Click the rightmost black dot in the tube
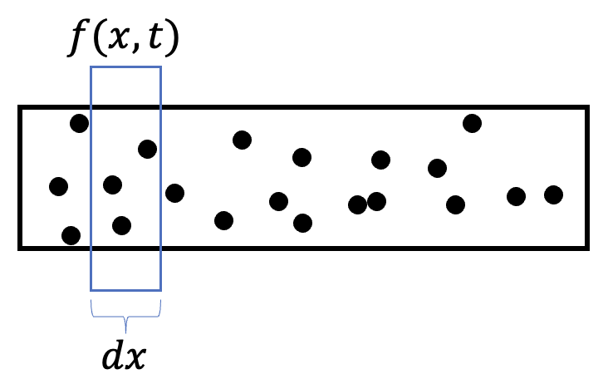[553, 194]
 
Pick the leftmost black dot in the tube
[58, 185]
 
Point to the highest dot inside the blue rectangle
[147, 149]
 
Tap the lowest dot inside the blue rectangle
[121, 224]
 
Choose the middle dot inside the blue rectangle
[112, 184]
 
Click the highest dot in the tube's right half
[472, 123]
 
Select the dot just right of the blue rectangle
[174, 193]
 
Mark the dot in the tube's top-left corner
[79, 124]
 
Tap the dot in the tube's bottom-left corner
[71, 235]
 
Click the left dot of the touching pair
[357, 204]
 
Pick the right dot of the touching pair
[376, 200]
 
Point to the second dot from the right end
[516, 196]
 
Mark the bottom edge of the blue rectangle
[125, 290]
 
